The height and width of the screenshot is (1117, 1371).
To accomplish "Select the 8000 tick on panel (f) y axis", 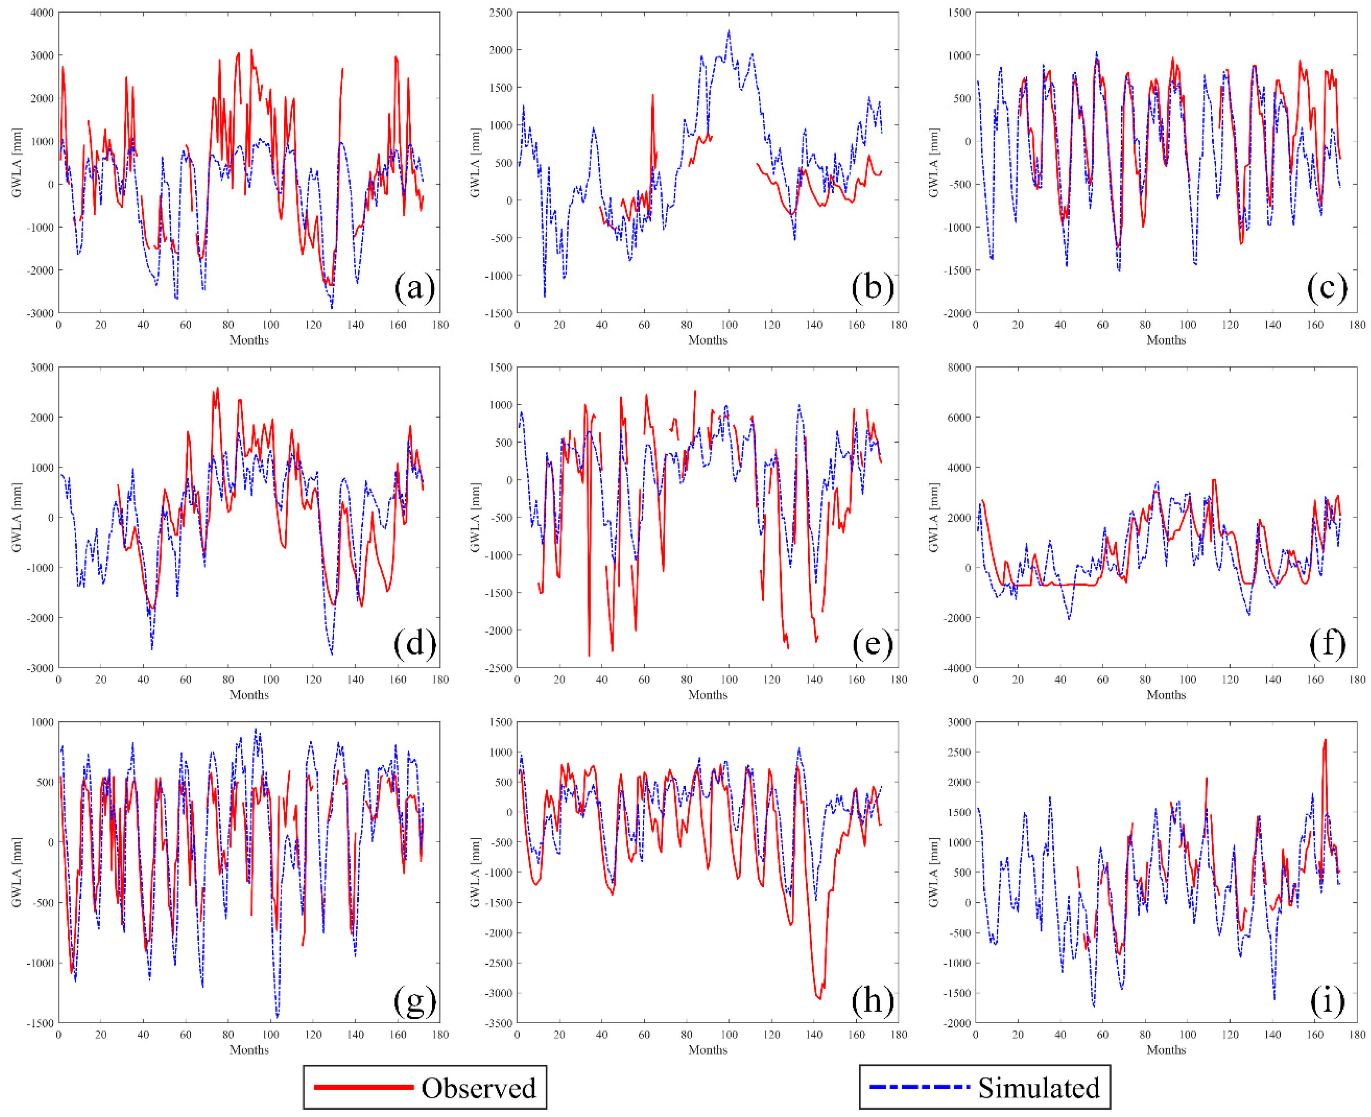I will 959,367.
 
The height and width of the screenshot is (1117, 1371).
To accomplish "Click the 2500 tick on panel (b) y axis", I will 501,13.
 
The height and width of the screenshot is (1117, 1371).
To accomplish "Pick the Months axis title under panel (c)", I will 1166,340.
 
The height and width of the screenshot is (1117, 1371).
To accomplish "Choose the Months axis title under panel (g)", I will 249,1050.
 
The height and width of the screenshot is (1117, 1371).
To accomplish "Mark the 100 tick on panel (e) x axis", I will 729,679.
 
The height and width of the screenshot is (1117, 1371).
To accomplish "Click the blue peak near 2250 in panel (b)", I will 729,30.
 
